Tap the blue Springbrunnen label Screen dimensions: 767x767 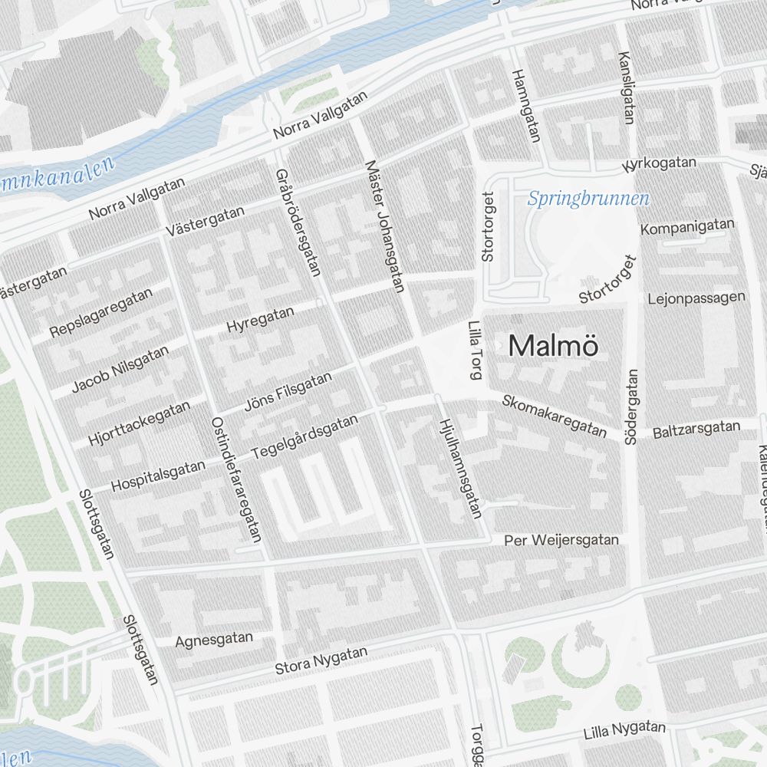(588, 199)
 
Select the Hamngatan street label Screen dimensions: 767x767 (526, 106)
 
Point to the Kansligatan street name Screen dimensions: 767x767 (627, 87)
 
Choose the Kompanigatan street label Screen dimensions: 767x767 (687, 227)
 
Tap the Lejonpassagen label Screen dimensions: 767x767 (696, 298)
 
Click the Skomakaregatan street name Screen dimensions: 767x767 (555, 415)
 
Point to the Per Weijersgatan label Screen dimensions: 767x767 (561, 541)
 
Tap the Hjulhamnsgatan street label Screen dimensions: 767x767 (460, 468)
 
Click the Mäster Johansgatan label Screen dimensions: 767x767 (385, 226)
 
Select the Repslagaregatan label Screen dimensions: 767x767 (100, 312)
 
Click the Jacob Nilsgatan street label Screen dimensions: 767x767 (120, 369)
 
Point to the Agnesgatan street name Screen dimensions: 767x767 (214, 640)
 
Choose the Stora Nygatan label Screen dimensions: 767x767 (322, 660)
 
